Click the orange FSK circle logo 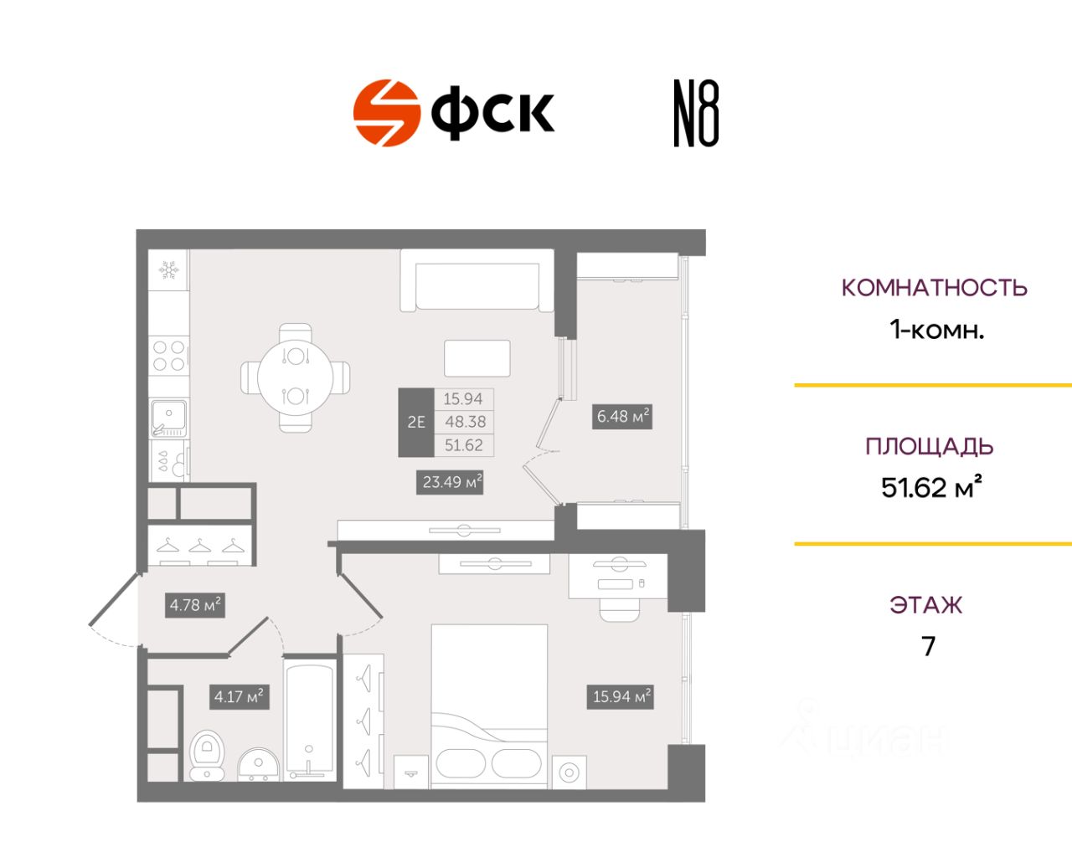click(x=386, y=113)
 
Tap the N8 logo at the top click(x=696, y=114)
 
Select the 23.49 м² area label click(x=451, y=482)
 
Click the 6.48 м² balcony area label click(x=623, y=416)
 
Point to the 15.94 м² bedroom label click(x=621, y=695)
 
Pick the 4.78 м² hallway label click(x=195, y=604)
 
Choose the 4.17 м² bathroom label click(x=239, y=695)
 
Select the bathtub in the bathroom click(x=310, y=718)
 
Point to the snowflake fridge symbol click(x=169, y=269)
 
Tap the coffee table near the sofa click(x=477, y=359)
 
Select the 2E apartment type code click(x=415, y=422)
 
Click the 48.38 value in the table click(x=464, y=422)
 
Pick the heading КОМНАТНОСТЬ click(x=934, y=288)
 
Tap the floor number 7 click(x=928, y=646)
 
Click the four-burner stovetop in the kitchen click(x=169, y=356)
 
